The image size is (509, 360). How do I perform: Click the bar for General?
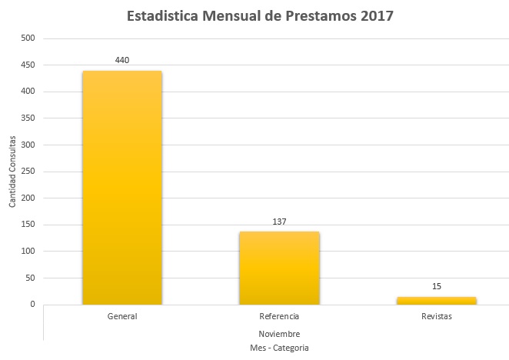point(122,188)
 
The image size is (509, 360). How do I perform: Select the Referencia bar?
point(279,268)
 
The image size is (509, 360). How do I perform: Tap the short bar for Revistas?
point(437,300)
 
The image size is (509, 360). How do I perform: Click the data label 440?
point(122,59)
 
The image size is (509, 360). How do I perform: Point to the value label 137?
point(279,222)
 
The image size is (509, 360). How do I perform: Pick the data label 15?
point(437,286)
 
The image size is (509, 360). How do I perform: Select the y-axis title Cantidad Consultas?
point(12,172)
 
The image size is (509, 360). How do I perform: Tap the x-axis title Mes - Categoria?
point(279,348)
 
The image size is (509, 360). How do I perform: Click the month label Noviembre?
point(279,334)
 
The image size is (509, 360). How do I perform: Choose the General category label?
point(122,316)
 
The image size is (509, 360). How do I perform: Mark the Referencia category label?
point(279,316)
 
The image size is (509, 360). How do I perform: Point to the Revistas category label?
point(437,316)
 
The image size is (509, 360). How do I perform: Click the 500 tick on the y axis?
point(28,38)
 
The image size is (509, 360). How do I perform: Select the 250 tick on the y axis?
point(28,172)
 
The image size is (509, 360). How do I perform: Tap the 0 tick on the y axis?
point(32,305)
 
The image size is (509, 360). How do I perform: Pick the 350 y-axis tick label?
point(28,118)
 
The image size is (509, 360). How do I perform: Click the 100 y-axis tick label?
point(28,252)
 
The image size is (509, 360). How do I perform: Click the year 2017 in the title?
point(377,16)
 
